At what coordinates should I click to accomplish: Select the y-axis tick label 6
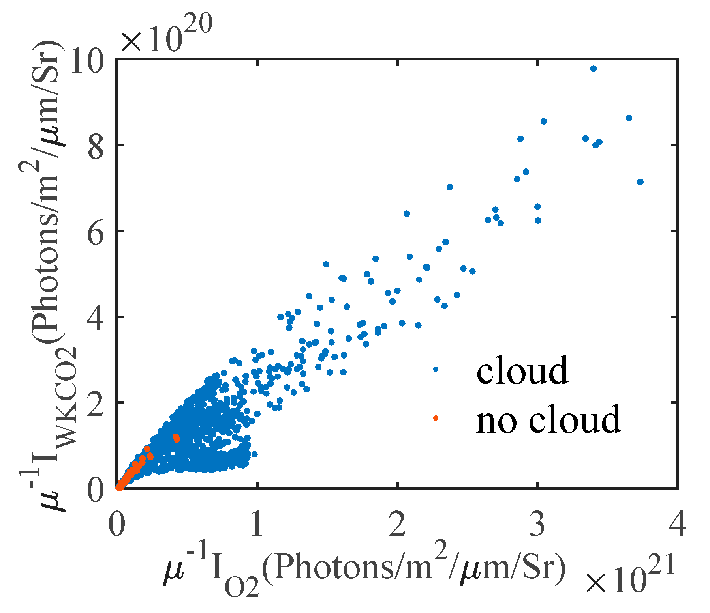tap(96, 232)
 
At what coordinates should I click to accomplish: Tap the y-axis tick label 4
tap(96, 318)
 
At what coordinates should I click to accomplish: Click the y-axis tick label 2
tap(96, 404)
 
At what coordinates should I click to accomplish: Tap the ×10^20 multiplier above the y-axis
tap(166, 37)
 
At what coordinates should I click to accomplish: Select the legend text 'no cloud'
tap(548, 419)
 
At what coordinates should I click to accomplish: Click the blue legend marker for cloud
tap(436, 369)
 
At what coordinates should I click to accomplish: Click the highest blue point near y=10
tap(593, 69)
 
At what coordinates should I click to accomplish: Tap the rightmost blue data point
tap(640, 182)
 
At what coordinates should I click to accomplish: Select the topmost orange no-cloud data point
tap(176, 437)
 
